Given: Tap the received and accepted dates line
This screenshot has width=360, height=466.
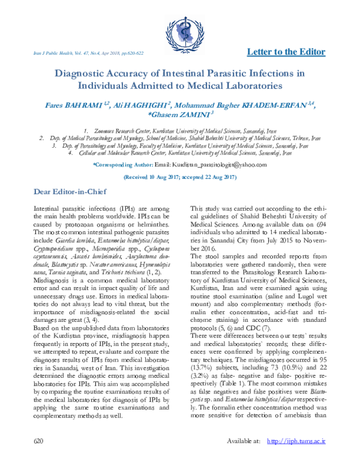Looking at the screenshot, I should tap(179, 178).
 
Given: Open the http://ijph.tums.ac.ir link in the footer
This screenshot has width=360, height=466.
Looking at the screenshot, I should tap(296, 458).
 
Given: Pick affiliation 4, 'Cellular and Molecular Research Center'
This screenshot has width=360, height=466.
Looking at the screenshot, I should tap(182, 153).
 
